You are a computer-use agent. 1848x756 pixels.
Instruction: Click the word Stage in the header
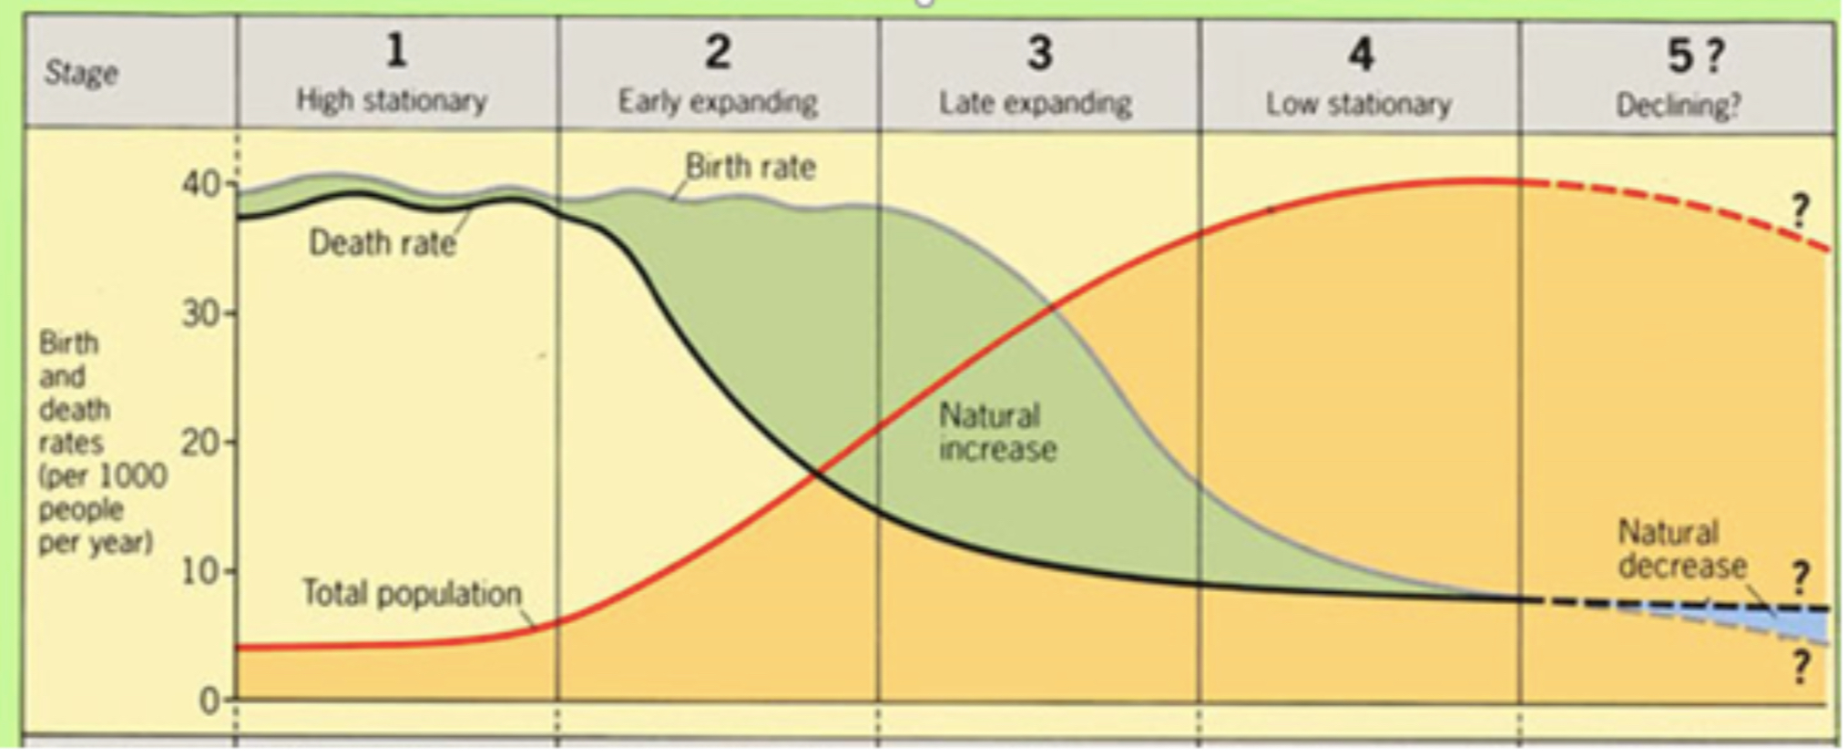(x=81, y=73)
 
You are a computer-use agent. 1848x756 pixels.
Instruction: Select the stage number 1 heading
(x=395, y=50)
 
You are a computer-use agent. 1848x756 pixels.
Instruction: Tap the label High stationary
(x=392, y=100)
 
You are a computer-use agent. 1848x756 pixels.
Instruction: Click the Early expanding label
(x=718, y=102)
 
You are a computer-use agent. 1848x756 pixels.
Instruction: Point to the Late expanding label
(x=1036, y=104)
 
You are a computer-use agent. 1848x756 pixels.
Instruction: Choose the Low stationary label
(x=1358, y=105)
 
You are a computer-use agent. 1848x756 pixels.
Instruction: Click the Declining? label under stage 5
(x=1678, y=106)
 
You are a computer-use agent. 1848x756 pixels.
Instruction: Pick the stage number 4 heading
(x=1361, y=55)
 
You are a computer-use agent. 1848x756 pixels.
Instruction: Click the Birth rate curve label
(x=750, y=168)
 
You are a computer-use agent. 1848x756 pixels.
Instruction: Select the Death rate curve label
(x=382, y=243)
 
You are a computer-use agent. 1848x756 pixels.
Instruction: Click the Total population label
(x=412, y=594)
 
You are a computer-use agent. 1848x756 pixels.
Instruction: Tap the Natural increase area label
(x=997, y=433)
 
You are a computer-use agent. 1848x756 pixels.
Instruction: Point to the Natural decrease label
(x=1681, y=549)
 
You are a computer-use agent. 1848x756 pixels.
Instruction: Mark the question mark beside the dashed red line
(x=1800, y=211)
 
